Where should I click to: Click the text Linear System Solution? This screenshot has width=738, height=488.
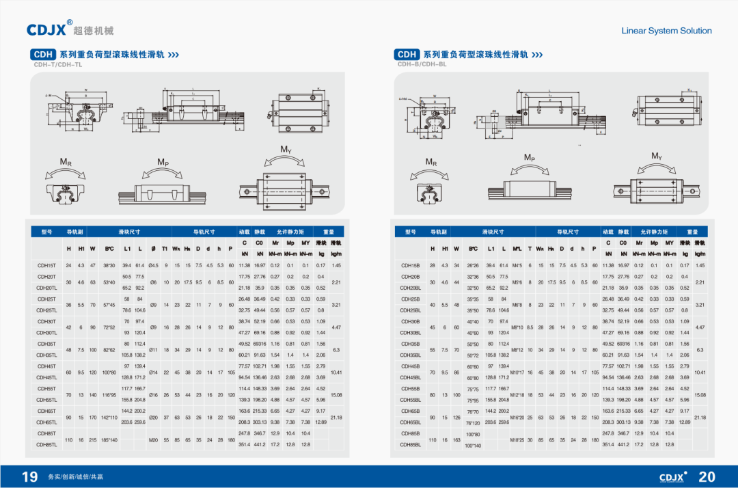(666, 31)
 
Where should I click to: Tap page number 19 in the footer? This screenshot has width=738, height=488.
(29, 476)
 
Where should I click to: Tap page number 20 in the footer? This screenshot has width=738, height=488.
(707, 476)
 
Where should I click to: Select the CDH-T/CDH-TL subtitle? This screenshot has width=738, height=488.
(57, 64)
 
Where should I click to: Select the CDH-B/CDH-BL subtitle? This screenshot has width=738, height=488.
(422, 64)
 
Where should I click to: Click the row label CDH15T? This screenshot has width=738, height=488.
(46, 265)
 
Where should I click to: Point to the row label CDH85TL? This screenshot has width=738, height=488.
(46, 444)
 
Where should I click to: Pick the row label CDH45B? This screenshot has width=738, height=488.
(410, 366)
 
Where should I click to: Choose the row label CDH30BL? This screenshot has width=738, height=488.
(410, 332)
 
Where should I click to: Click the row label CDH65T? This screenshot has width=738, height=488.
(46, 411)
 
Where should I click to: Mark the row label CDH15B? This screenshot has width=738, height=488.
(410, 265)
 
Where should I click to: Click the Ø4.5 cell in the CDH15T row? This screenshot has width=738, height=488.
(153, 265)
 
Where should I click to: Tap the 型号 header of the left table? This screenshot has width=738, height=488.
(46, 232)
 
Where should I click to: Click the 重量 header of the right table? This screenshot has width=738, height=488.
(692, 232)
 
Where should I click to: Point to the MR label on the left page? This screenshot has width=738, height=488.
(66, 162)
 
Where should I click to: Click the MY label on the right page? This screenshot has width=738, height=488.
(656, 156)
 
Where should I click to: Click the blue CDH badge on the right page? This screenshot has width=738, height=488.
(407, 54)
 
